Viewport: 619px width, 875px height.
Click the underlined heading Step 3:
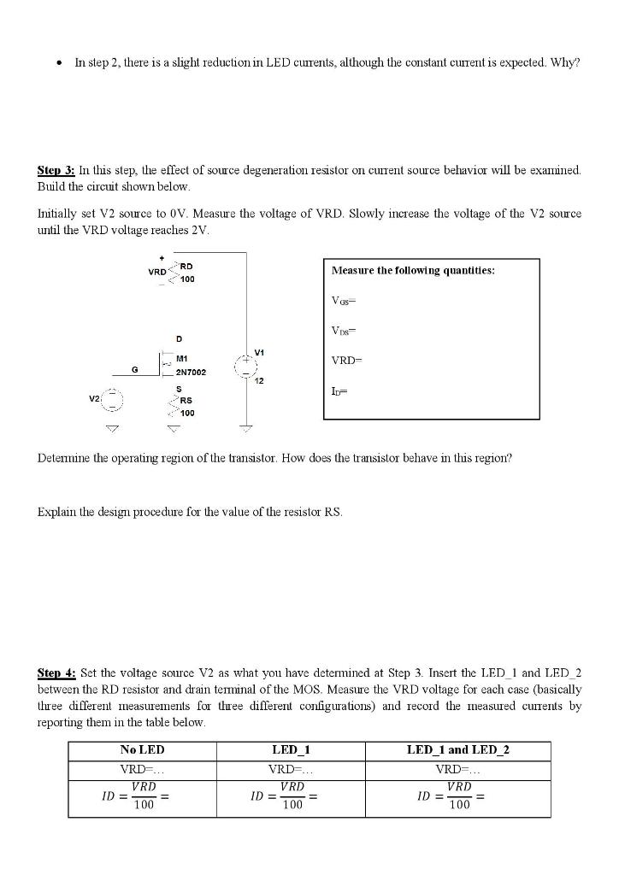(x=56, y=170)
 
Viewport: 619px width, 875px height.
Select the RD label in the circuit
(x=185, y=267)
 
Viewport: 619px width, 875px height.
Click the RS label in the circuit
(x=186, y=400)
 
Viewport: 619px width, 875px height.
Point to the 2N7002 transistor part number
(x=191, y=373)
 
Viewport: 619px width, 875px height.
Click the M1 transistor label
(x=182, y=359)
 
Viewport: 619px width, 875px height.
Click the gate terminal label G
(x=133, y=368)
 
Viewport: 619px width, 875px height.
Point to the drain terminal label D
(x=178, y=339)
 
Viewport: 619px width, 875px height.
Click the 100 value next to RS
(x=187, y=413)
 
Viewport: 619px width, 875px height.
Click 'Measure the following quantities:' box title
(x=413, y=270)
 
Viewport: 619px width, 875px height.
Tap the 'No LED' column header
(x=143, y=750)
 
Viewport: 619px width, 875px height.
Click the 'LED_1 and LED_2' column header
(x=457, y=750)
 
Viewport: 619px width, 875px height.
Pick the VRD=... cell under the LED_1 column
(x=291, y=769)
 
